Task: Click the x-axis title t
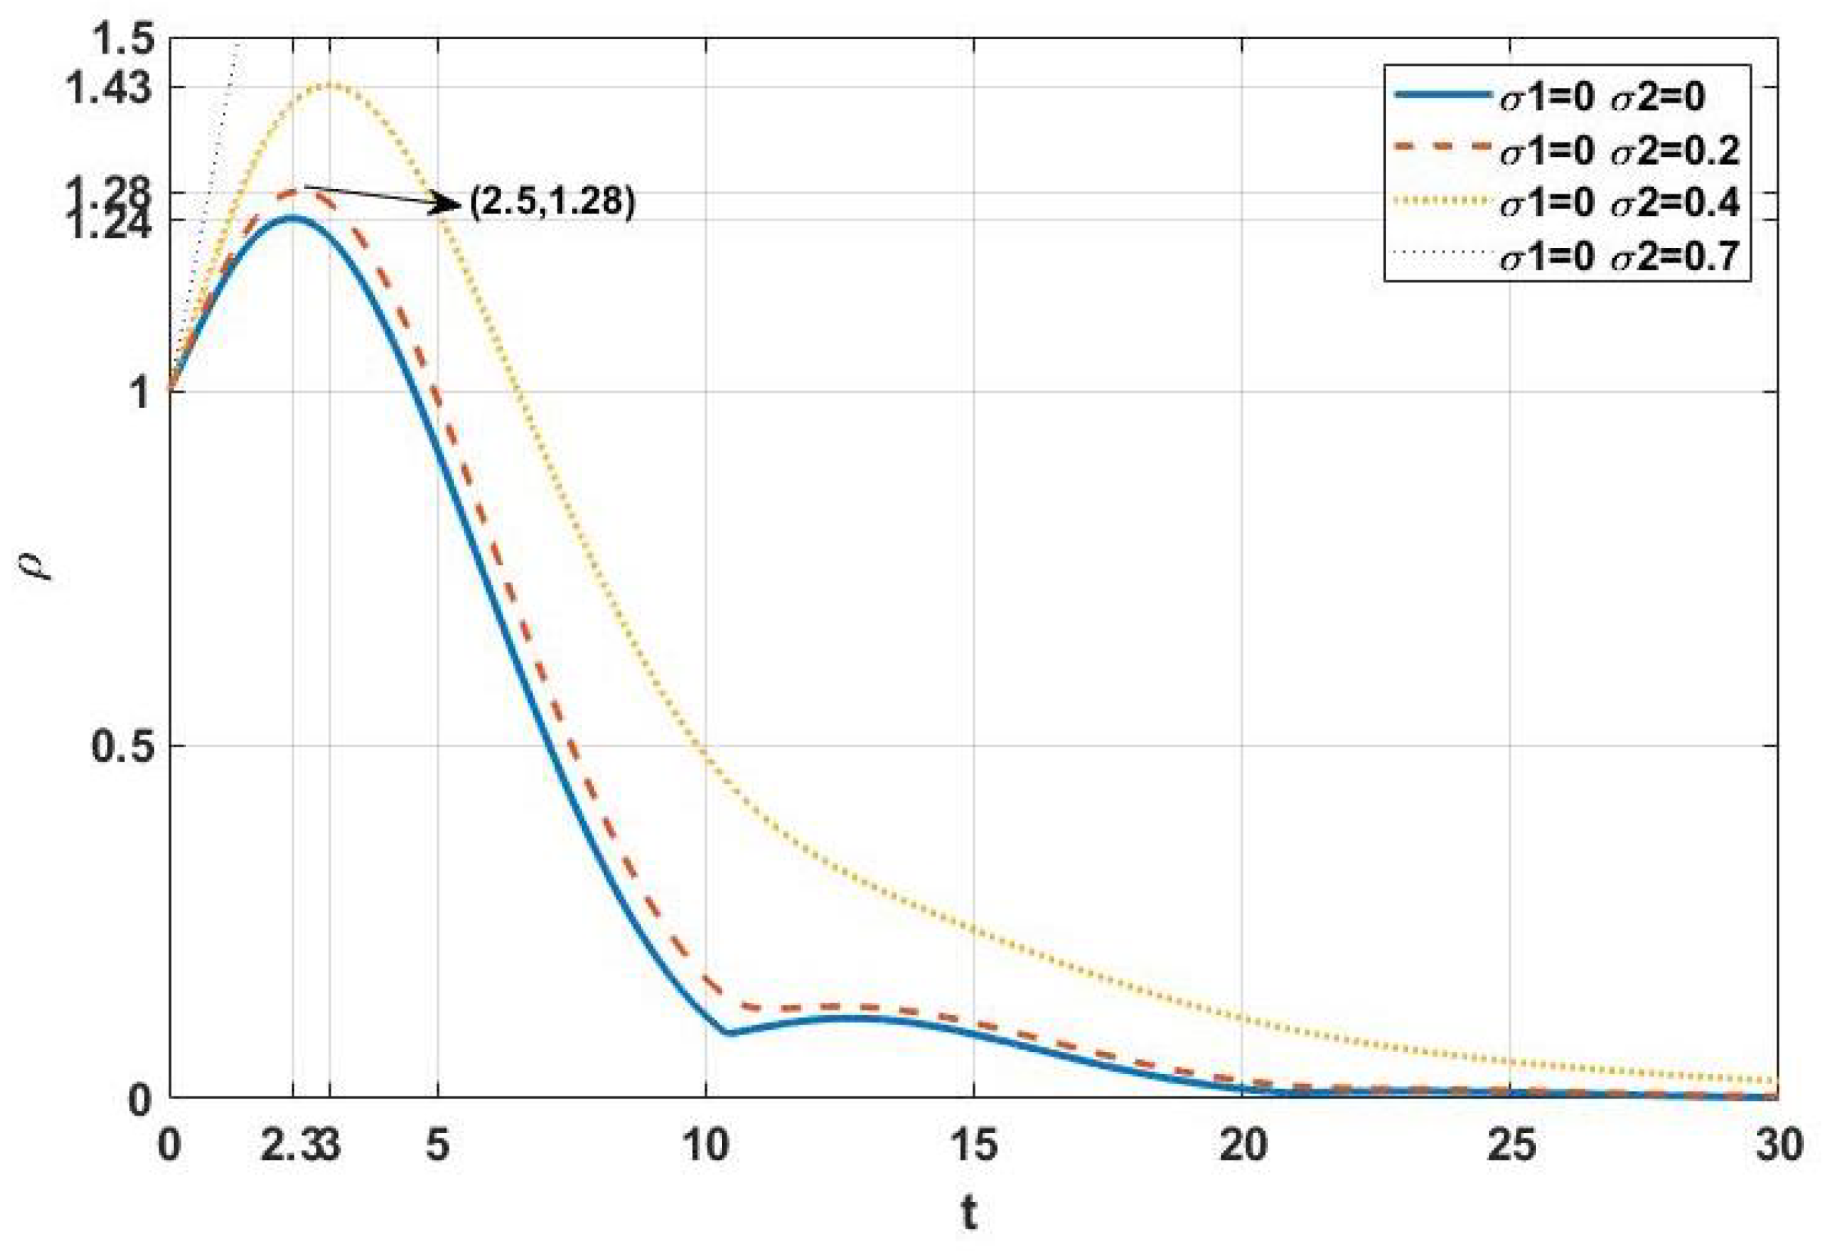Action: (x=970, y=1214)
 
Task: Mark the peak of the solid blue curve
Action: (x=292, y=217)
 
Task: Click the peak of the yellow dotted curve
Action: (x=329, y=84)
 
